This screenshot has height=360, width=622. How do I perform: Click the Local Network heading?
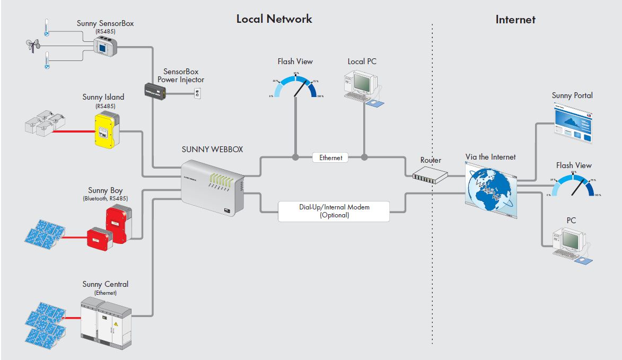coord(274,19)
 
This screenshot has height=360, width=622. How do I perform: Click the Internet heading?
coord(515,20)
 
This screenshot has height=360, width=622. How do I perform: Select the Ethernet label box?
coord(330,157)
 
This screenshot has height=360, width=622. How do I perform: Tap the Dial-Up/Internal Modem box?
coord(334,211)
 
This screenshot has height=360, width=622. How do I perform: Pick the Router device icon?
coord(430,173)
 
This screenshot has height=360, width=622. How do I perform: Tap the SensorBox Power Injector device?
coord(155,92)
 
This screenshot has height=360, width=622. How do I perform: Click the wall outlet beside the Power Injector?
coord(197,94)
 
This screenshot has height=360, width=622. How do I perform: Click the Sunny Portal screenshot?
coord(572,124)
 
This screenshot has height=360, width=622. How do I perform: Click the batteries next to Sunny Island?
coord(45,123)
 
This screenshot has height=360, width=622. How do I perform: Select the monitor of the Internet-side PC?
coord(570,240)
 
